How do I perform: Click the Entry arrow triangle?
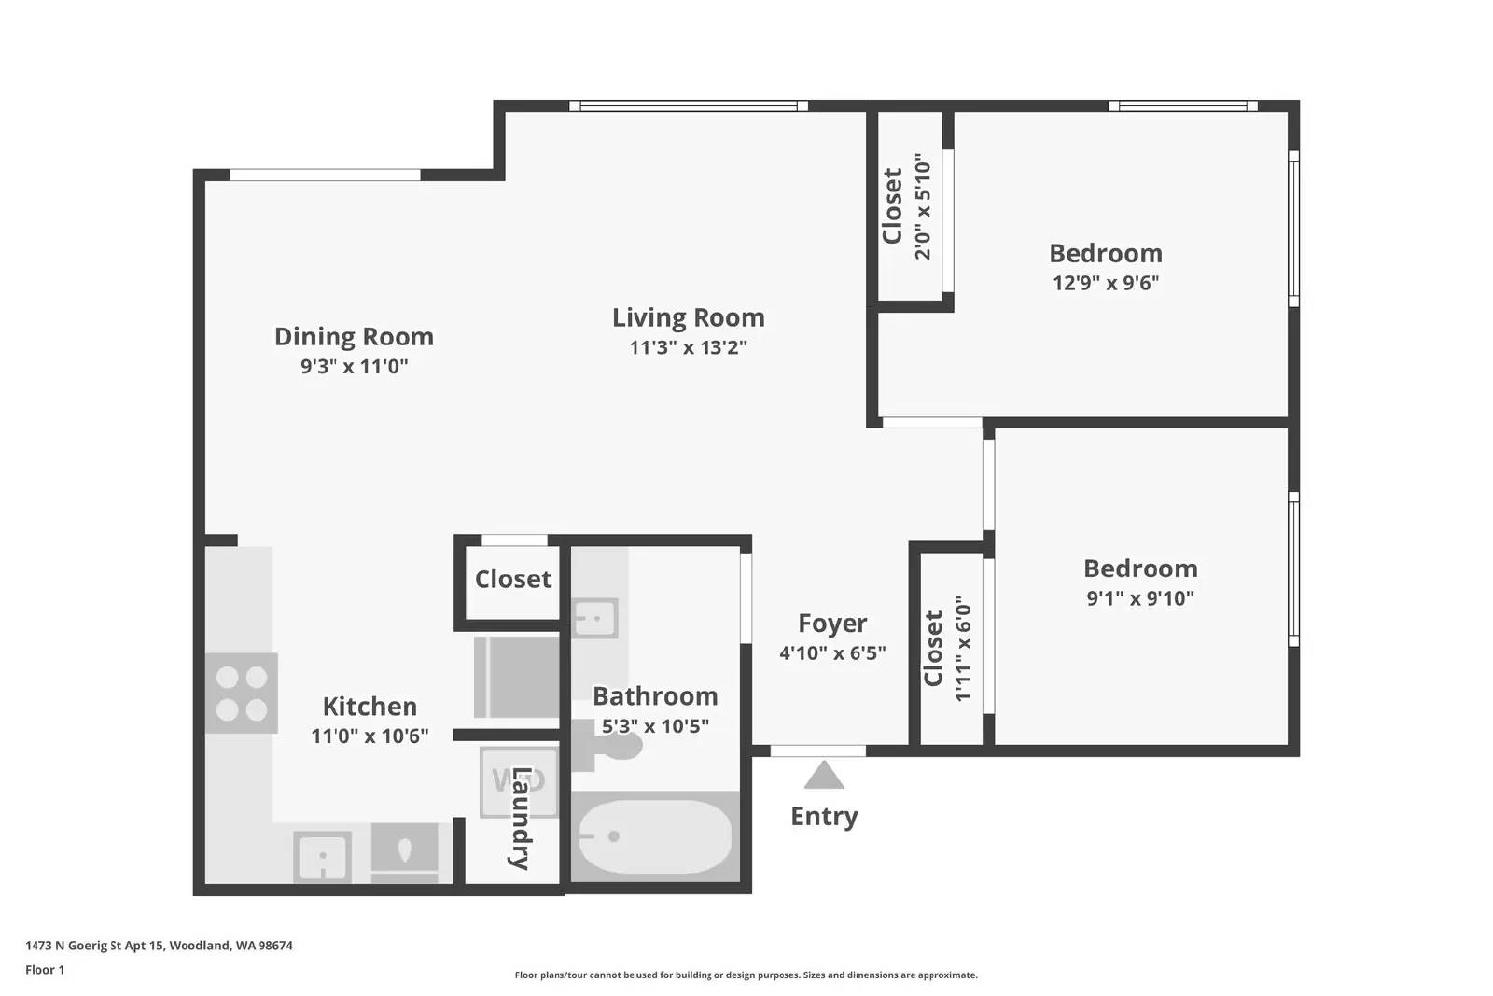(823, 777)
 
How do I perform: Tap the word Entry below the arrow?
(823, 816)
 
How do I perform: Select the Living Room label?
(688, 317)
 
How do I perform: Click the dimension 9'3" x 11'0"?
(354, 366)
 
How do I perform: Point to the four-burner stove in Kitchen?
(242, 693)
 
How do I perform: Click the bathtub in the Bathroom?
(654, 836)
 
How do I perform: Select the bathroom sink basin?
(594, 617)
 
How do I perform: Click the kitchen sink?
(323, 856)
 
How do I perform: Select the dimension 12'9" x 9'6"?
(1106, 283)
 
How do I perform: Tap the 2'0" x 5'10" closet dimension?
(923, 206)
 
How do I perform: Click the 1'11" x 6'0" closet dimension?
(963, 649)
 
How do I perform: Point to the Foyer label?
(832, 623)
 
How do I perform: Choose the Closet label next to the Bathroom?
(513, 579)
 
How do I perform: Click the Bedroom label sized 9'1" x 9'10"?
(1140, 568)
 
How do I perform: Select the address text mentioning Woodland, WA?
(159, 946)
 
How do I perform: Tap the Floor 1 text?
(45, 970)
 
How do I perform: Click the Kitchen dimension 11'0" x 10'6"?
(370, 736)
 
